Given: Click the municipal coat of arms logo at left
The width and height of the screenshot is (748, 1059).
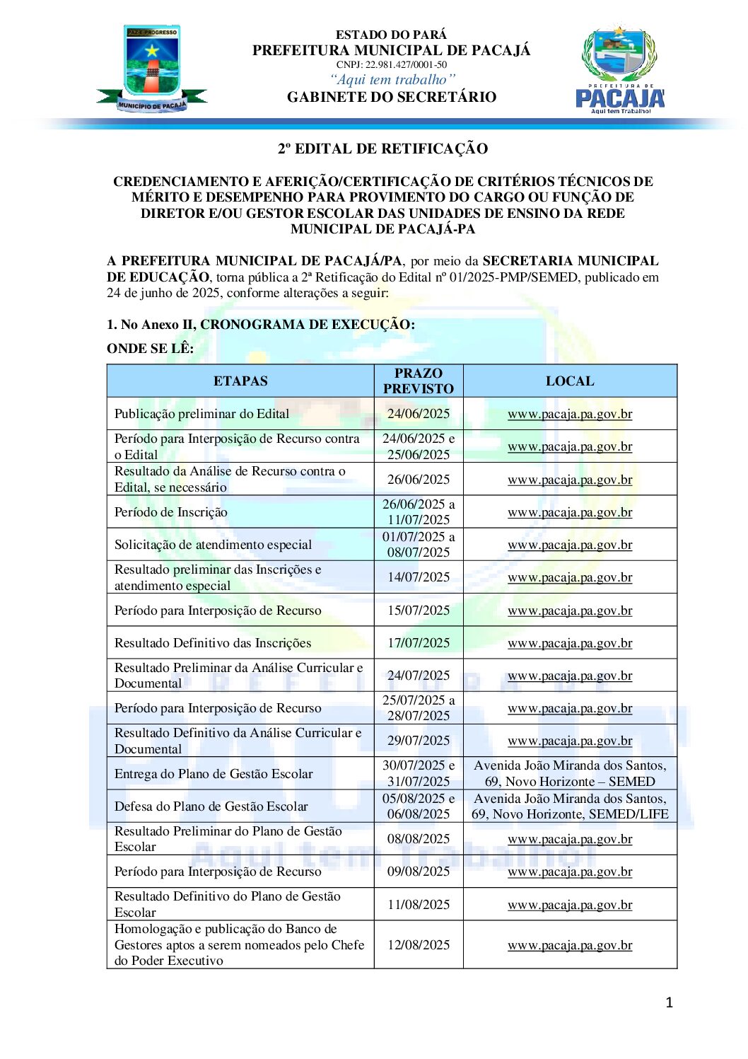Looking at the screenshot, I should pos(152,69).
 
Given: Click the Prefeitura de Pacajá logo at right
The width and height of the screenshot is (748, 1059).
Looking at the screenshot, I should pos(620,69).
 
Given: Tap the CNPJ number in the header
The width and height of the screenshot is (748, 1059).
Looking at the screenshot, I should pos(391,65).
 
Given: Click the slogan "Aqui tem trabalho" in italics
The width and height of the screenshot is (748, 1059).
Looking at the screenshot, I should pos(392,80).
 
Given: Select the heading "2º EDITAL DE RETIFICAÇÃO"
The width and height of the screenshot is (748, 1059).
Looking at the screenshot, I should pos(382,149).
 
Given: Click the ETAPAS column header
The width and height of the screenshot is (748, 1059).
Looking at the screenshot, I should pos(240,381).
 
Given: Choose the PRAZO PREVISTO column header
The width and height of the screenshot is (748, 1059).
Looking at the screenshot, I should pos(419,381).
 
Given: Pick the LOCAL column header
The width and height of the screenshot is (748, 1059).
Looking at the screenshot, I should pos(570,381).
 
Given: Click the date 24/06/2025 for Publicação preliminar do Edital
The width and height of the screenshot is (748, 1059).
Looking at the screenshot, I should pos(419,414).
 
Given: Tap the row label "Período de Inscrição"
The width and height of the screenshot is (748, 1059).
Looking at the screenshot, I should pos(171,512).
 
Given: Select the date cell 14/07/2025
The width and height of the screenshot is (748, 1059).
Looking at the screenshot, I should pos(419,577).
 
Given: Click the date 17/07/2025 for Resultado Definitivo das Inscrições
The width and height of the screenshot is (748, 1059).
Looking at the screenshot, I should pos(419,643).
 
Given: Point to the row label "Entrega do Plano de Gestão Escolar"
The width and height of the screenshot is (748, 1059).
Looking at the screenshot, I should pos(214,774).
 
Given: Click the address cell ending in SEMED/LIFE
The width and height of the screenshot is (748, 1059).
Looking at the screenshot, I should pos(570,806).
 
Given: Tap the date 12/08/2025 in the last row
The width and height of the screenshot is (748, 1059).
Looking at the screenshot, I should pos(419,945).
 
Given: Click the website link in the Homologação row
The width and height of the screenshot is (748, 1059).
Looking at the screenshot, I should pos(570,945).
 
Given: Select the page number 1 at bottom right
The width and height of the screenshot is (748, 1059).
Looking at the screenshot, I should pos(669,1002).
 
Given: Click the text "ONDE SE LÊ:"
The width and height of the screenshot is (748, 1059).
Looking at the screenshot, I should pos(150,348).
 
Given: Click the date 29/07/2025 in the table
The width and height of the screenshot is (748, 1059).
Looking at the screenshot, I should pos(419,741).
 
